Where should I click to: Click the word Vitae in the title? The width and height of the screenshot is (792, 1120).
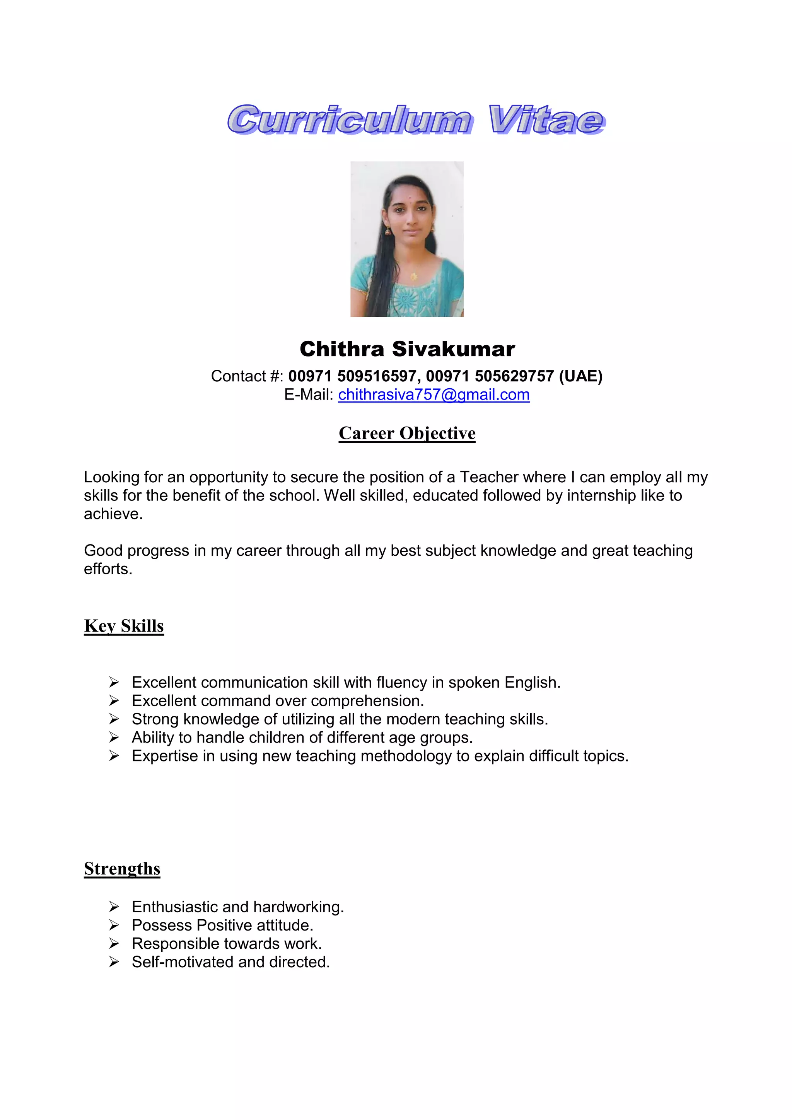[x=546, y=120]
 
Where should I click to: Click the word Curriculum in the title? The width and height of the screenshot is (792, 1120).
[x=349, y=120]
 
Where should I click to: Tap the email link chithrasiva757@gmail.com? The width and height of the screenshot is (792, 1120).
[x=434, y=394]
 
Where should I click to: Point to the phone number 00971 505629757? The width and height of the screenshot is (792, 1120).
[x=490, y=376]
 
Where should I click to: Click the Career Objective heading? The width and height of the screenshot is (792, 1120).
[x=407, y=433]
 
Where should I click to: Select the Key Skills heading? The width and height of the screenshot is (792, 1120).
[x=124, y=626]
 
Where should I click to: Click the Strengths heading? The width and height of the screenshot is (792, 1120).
[x=122, y=869]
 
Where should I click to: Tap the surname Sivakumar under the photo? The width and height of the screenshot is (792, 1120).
[x=453, y=349]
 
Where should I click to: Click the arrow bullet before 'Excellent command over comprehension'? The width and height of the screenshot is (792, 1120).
[x=114, y=701]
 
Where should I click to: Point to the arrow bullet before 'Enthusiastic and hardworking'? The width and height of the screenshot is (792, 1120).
[x=114, y=907]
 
